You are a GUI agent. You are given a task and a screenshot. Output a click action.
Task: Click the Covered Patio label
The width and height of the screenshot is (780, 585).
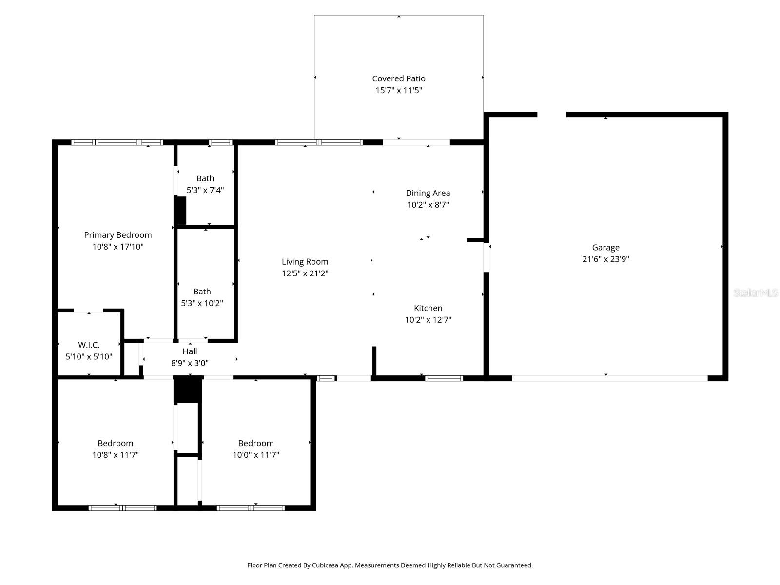(x=398, y=78)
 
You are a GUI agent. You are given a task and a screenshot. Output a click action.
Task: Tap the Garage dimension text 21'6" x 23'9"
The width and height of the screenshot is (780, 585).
(x=605, y=259)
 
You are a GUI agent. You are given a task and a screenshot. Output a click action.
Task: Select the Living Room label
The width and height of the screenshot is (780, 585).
(x=305, y=262)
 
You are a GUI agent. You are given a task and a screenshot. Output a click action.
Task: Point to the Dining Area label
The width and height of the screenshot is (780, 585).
(x=428, y=193)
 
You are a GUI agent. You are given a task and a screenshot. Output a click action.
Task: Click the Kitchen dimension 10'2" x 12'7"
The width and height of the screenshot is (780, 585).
(x=428, y=320)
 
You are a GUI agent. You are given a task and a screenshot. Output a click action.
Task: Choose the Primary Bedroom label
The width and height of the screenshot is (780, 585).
(x=117, y=235)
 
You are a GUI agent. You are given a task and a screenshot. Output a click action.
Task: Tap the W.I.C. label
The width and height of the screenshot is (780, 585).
(x=89, y=345)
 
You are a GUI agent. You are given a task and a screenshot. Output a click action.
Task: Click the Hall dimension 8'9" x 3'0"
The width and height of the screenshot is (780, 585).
(x=190, y=363)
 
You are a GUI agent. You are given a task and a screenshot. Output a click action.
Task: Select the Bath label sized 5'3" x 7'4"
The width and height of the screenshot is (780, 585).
(x=205, y=178)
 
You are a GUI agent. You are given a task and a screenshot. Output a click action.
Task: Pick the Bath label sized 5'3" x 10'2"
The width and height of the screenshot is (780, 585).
(x=202, y=292)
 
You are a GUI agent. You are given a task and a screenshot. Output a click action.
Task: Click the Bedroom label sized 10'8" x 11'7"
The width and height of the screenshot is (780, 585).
(x=115, y=443)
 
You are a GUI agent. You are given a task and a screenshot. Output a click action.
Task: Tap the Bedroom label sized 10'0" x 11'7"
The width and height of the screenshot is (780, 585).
(x=255, y=443)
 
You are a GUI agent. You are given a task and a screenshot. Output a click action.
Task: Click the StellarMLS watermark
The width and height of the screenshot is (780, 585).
(x=755, y=292)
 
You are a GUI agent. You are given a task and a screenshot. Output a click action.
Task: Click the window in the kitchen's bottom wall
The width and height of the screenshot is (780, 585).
(x=444, y=378)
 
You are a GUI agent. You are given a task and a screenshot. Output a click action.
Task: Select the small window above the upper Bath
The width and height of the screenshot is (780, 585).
(x=220, y=142)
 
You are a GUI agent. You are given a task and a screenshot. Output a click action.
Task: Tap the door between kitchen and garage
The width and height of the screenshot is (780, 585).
(x=486, y=257)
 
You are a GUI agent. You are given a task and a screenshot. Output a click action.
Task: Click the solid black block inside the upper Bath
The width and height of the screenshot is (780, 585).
(x=180, y=211)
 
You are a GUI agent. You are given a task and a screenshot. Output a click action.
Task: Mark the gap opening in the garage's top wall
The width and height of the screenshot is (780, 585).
(x=551, y=115)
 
